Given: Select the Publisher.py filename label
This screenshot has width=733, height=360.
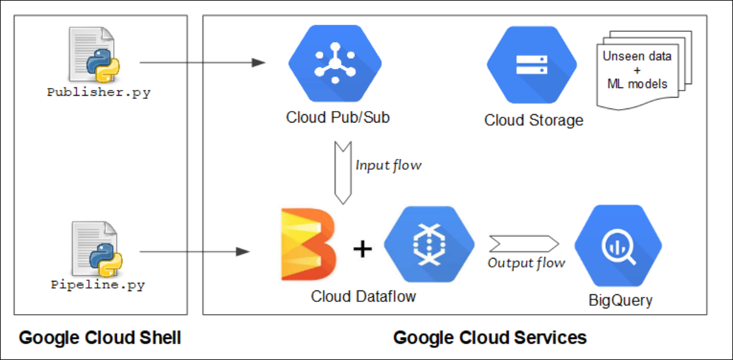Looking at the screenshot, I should pyautogui.click(x=99, y=92).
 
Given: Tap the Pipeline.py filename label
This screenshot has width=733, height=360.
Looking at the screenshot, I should pyautogui.click(x=98, y=285).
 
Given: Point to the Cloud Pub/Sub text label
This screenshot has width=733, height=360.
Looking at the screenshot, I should pyautogui.click(x=338, y=118).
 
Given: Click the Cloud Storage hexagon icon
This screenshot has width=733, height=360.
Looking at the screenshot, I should pyautogui.click(x=531, y=64).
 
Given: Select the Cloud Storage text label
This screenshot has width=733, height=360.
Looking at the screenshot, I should pyautogui.click(x=534, y=120).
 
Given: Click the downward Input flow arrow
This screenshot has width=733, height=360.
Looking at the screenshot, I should pyautogui.click(x=343, y=172).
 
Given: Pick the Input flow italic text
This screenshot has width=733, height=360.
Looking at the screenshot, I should pyautogui.click(x=388, y=165).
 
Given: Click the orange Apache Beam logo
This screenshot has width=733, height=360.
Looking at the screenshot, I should pyautogui.click(x=308, y=245).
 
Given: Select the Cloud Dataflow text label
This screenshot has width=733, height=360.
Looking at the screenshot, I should pyautogui.click(x=363, y=297).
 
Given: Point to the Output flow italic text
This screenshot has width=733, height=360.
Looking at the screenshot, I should pyautogui.click(x=526, y=263).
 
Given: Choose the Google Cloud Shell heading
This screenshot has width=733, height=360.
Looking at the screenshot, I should pyautogui.click(x=100, y=338).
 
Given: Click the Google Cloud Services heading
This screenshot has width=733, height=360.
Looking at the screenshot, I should pyautogui.click(x=490, y=338).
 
